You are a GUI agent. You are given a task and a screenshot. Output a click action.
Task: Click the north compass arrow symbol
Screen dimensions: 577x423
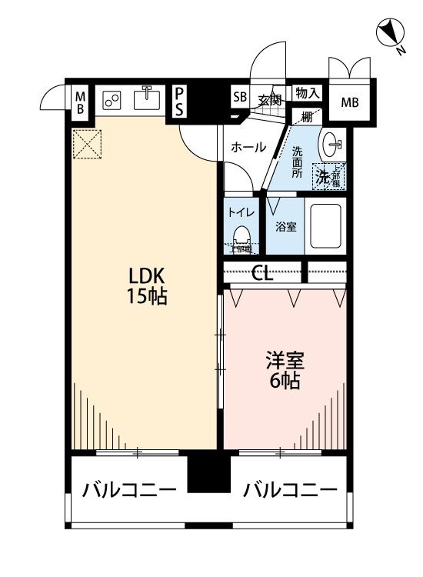[x=391, y=35]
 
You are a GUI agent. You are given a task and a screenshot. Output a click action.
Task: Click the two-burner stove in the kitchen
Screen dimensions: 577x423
[x=112, y=100]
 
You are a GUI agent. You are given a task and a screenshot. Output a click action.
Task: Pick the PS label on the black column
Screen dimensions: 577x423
[x=178, y=101]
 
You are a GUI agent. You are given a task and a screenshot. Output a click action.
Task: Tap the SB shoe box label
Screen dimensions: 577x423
[x=240, y=98]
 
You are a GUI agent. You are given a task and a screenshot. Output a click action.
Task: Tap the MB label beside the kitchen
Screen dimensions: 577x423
[x=79, y=102]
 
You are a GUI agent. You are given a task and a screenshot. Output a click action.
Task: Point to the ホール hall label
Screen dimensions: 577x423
[x=248, y=147]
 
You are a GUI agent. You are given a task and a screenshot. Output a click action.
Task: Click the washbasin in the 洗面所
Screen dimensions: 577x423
[x=333, y=142]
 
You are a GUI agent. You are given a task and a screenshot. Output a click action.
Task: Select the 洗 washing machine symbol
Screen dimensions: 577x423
[x=324, y=177]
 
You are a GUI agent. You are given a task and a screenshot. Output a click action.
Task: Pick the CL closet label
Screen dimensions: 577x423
[x=262, y=273]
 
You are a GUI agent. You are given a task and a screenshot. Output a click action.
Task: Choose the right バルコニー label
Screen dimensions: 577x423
[x=290, y=490]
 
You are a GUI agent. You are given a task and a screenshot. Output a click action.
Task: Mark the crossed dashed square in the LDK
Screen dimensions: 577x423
[x=87, y=144]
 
